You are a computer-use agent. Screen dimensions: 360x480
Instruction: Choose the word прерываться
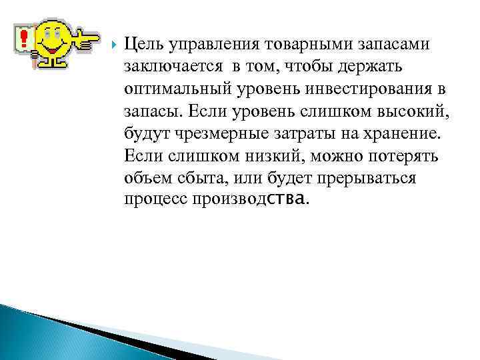(367, 179)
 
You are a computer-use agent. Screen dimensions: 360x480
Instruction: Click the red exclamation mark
(23, 37)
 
